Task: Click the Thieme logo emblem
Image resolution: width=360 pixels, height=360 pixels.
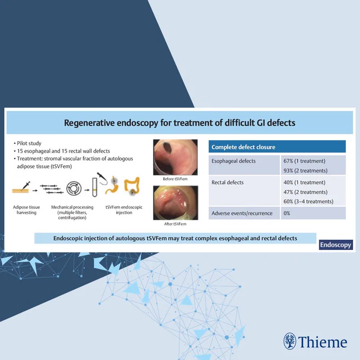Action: pyautogui.click(x=290, y=341)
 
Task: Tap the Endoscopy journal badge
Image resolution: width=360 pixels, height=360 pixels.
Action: pyautogui.click(x=336, y=245)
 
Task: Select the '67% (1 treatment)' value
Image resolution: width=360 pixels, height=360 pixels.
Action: pyautogui.click(x=304, y=161)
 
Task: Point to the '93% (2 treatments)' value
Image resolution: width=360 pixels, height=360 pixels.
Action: pyautogui.click(x=305, y=170)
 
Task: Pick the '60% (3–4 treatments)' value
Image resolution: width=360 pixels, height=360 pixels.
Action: pyautogui.click(x=308, y=201)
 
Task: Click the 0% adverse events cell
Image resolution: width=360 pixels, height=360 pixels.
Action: pyautogui.click(x=287, y=213)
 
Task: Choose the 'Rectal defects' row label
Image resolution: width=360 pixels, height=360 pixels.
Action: pyautogui.click(x=227, y=182)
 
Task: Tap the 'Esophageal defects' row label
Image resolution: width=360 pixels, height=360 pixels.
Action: pyautogui.click(x=233, y=161)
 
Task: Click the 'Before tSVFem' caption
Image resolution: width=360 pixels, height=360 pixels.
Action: pyautogui.click(x=175, y=179)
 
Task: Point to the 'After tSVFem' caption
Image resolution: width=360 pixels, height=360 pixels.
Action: pyautogui.click(x=175, y=224)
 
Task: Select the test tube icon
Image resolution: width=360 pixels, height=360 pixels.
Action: pyautogui.click(x=95, y=187)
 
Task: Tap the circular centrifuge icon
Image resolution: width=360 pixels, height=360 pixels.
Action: pyautogui.click(x=74, y=188)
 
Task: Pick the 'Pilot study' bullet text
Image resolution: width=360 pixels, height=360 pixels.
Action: pyautogui.click(x=29, y=143)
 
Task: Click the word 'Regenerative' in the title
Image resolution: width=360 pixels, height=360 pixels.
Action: pyautogui.click(x=89, y=123)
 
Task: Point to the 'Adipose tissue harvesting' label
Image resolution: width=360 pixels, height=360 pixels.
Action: pyautogui.click(x=26, y=210)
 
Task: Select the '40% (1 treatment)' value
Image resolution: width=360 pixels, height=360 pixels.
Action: pyautogui.click(x=304, y=182)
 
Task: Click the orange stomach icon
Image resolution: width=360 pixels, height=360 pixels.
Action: pyautogui.click(x=112, y=186)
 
